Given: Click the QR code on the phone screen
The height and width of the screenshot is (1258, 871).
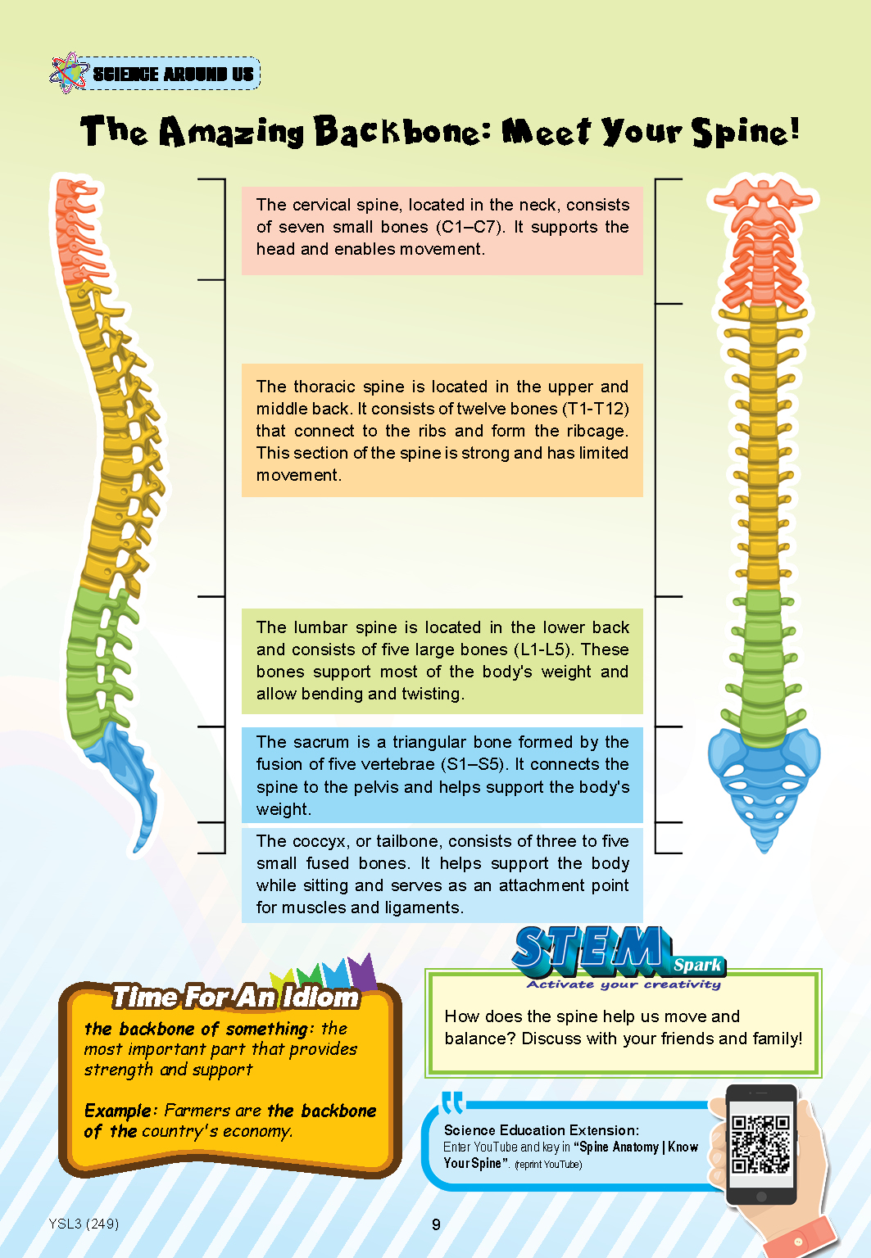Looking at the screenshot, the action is click(x=761, y=1144).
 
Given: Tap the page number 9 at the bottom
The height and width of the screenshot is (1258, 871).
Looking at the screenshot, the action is click(x=436, y=1224).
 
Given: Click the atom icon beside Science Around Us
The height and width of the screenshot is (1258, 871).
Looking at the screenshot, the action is click(x=69, y=72).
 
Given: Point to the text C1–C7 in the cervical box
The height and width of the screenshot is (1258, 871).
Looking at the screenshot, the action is click(x=470, y=227).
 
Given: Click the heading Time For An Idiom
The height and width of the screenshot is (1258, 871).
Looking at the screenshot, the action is click(x=235, y=997).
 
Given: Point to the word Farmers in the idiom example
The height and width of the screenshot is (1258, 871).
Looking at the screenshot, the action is click(x=197, y=1111).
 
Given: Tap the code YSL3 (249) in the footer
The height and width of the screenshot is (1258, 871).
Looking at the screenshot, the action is click(x=84, y=1224).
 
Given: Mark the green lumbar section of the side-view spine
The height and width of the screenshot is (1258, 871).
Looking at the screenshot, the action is click(x=96, y=663).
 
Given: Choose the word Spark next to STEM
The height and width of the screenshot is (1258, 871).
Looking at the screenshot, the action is click(x=697, y=965).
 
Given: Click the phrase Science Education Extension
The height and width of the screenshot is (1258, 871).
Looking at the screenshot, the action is click(x=540, y=1130).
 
